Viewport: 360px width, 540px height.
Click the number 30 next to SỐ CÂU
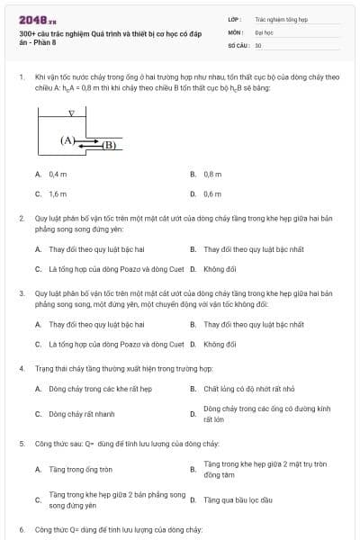258,44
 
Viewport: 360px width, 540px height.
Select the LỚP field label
234,18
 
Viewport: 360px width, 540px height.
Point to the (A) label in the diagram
68,140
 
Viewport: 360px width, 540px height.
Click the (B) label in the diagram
109,144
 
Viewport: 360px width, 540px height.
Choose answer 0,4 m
58,175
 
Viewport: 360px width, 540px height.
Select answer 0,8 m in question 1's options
212,175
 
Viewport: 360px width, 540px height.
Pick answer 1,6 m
58,193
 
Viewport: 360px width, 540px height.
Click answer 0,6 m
212,193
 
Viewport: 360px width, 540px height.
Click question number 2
22,219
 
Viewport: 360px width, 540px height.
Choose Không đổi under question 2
220,268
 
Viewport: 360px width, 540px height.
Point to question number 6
22,530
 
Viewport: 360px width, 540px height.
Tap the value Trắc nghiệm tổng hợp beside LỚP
281,18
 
